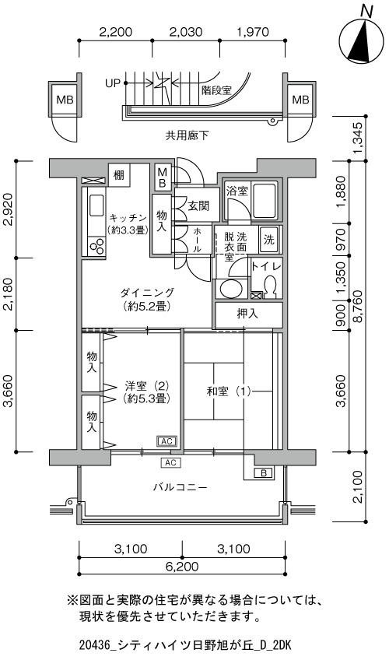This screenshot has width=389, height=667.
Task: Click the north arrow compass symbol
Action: click(363, 39)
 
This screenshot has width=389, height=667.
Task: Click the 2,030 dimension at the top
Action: click(185, 32)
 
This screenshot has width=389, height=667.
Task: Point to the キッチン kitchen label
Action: click(128, 218)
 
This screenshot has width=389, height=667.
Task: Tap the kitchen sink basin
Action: click(96, 206)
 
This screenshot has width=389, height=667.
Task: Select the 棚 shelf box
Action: click(119, 174)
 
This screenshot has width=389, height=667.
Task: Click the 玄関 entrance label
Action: click(198, 207)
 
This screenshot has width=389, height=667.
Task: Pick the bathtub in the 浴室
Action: click(265, 199)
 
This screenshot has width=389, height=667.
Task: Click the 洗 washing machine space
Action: click(269, 240)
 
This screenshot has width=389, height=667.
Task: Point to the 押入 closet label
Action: click(247, 314)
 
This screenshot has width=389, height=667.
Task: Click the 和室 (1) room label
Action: click(229, 391)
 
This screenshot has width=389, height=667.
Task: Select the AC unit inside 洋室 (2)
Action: click(166, 441)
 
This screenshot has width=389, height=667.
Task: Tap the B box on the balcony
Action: click(264, 472)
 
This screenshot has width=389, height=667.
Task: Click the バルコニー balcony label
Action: click(180, 487)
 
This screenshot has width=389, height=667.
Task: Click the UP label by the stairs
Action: click(113, 83)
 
